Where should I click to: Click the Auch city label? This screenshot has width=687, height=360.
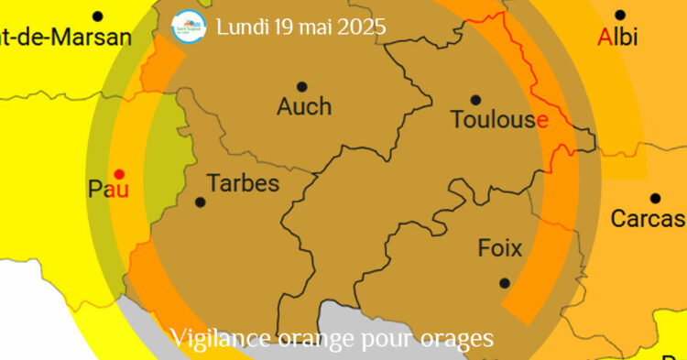pyautogui.click(x=304, y=107)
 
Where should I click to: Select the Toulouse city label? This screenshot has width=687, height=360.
pyautogui.click(x=499, y=119)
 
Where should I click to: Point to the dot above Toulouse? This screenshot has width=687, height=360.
pyautogui.click(x=475, y=100)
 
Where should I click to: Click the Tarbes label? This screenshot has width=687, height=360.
pyautogui.click(x=243, y=183)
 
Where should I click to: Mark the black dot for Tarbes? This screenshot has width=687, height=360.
pyautogui.click(x=201, y=202)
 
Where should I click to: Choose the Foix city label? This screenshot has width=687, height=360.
pyautogui.click(x=500, y=248)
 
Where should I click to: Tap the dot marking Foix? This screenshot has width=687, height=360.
pyautogui.click(x=504, y=283)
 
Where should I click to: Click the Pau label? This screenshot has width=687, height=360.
pyautogui.click(x=108, y=190)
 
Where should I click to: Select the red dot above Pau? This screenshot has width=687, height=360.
pyautogui.click(x=118, y=173)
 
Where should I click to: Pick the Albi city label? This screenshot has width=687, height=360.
pyautogui.click(x=617, y=38)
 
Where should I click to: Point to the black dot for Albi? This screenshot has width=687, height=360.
pyautogui.click(x=620, y=15)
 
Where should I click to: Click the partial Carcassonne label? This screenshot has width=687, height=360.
pyautogui.click(x=649, y=219)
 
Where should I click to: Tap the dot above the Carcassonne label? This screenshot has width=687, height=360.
pyautogui.click(x=655, y=198)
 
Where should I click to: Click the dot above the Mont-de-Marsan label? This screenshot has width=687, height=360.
pyautogui.click(x=98, y=16)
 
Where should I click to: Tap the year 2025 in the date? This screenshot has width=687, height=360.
pyautogui.click(x=362, y=27)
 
